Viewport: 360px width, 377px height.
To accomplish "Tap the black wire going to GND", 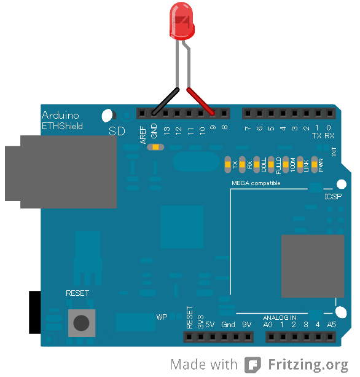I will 166,102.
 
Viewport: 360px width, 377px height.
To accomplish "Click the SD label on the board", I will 115,131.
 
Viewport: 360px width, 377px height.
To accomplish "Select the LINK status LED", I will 306,164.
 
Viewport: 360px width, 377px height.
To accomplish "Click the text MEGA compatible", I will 256,183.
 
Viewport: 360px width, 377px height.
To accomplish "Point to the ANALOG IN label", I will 280,317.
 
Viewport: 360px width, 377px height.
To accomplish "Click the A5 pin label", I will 332,324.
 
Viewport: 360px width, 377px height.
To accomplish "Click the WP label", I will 162,317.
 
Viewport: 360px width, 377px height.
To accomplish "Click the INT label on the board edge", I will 334,151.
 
